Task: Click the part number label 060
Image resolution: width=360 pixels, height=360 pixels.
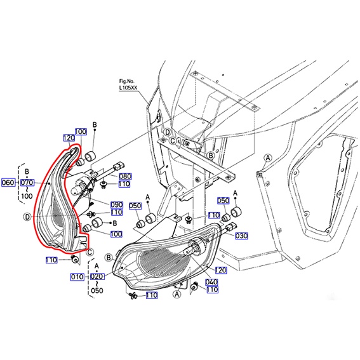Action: coord(8,183)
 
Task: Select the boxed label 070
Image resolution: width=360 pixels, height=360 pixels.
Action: coord(27,183)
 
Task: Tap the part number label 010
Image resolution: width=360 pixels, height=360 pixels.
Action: coord(77,277)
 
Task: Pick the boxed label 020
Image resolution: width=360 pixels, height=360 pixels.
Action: coord(97,276)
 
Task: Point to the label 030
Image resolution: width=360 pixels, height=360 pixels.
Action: coord(241,236)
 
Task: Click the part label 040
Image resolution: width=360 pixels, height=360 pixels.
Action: coord(211,282)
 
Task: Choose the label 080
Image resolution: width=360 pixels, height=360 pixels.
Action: coord(125,177)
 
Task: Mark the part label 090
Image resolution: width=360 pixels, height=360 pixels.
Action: coord(117,204)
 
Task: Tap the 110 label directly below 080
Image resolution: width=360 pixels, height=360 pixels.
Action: coord(124,184)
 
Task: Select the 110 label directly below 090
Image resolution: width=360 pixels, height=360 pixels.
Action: coord(116,212)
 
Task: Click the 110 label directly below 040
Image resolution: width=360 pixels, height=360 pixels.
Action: coord(212,290)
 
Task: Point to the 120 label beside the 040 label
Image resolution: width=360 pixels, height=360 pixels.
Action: coord(221,270)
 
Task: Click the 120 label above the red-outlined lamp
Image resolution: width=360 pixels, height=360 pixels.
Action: coord(69,138)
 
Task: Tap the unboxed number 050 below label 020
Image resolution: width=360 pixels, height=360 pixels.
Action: coord(97,291)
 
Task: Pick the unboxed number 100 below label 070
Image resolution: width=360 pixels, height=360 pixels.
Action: coord(27,196)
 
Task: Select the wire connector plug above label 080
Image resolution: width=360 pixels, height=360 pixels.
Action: coord(119,166)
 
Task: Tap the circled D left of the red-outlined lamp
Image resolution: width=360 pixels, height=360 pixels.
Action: coord(27,217)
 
